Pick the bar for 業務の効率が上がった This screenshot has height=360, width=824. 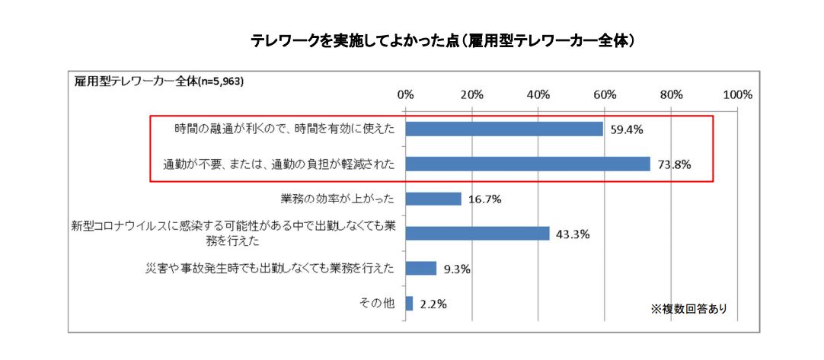click(433, 199)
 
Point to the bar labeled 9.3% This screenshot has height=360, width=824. click(421, 268)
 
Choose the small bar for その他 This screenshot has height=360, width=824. click(410, 303)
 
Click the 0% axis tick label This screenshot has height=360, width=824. click(406, 95)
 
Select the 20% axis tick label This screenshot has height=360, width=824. click(472, 95)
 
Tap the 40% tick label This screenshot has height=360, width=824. click(538, 95)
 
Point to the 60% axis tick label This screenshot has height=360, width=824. click(605, 95)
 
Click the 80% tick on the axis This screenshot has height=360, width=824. click(671, 95)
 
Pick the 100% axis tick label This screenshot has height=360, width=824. click(736, 95)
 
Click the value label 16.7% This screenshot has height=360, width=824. click(484, 199)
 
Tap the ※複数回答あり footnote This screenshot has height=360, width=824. click(688, 308)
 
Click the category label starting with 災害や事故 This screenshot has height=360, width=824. click(270, 268)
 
